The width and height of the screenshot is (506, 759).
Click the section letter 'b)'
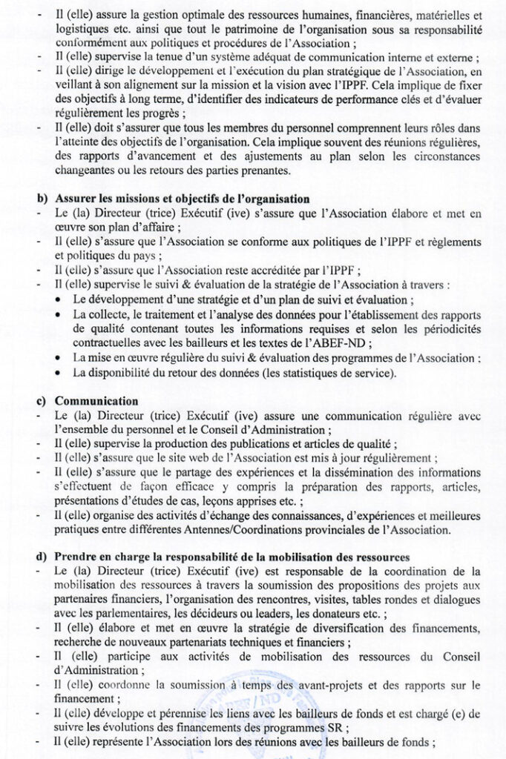(43, 201)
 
